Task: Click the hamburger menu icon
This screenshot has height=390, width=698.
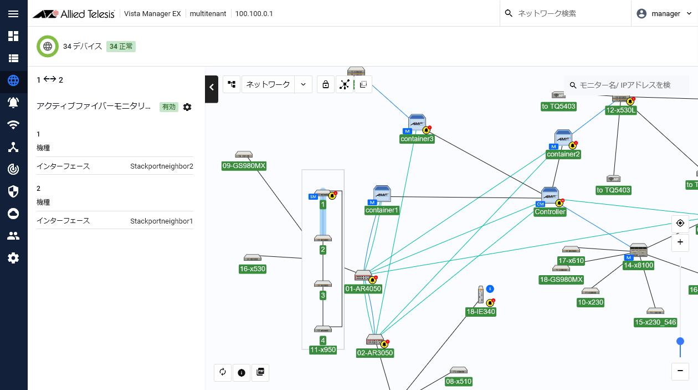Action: click(13, 13)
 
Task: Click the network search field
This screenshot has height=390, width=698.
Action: click(565, 13)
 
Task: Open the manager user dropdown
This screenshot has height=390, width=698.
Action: click(664, 13)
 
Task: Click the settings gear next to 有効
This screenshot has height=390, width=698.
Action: click(187, 107)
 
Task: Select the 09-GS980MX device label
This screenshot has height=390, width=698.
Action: click(244, 166)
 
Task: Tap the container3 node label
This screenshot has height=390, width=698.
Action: click(417, 139)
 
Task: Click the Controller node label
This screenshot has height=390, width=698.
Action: click(550, 212)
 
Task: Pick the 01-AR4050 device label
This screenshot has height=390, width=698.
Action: click(363, 288)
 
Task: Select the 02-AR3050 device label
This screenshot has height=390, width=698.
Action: click(375, 353)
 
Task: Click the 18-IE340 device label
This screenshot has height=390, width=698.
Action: click(480, 312)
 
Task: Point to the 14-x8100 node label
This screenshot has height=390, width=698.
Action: click(639, 265)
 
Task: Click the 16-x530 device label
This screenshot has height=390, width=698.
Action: click(253, 269)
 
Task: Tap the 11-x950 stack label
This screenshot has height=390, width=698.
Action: click(323, 350)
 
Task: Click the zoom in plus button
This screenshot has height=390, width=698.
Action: click(680, 242)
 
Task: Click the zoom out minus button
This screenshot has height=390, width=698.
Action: click(680, 371)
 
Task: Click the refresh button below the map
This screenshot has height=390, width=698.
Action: click(223, 372)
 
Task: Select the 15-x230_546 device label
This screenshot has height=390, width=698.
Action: click(655, 322)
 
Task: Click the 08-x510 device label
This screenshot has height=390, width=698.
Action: click(459, 381)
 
